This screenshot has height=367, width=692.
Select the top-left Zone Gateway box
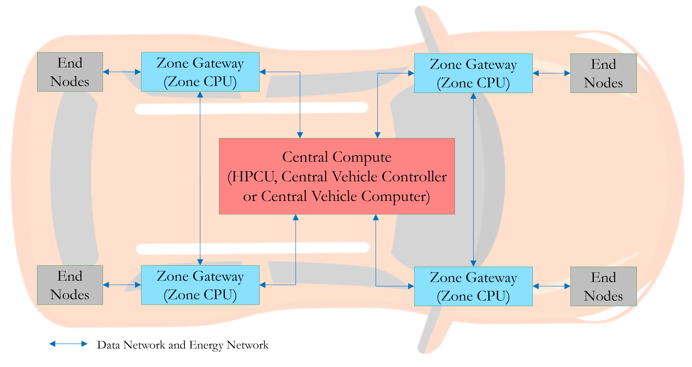click(200, 72)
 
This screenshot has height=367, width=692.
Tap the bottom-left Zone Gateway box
click(200, 285)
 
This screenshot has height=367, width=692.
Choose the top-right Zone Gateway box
click(473, 73)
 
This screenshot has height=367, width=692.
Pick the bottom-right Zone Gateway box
click(473, 286)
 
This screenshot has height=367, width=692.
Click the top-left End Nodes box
click(70, 72)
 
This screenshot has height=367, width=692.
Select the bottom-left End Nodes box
click(70, 285)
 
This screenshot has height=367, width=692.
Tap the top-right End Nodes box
click(603, 73)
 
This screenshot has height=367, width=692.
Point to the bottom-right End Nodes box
click(603, 286)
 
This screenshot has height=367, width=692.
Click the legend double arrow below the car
click(68, 344)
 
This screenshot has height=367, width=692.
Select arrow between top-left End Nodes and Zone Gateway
click(122, 72)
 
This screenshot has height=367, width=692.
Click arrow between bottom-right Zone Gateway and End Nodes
click(552, 286)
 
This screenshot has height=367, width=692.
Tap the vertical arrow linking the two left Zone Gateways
click(200, 178)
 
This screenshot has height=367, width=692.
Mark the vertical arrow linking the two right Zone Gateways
click(473, 180)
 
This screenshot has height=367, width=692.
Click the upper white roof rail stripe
click(251, 108)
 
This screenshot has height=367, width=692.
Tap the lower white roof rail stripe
click(253, 248)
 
